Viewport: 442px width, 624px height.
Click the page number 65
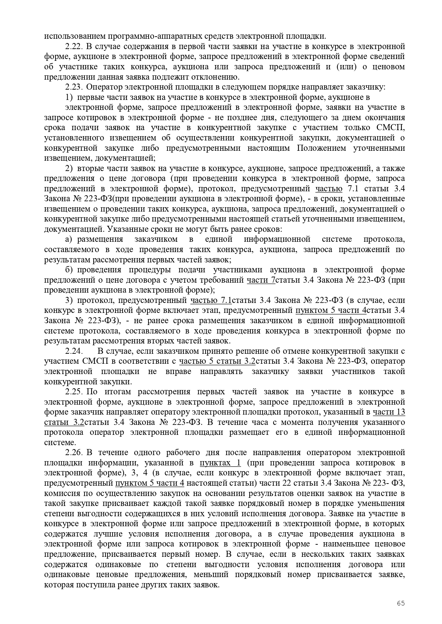(401, 603)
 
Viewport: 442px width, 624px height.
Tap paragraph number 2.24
(74, 351)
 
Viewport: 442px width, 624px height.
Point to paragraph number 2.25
(74, 392)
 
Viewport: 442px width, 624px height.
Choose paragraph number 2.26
(74, 453)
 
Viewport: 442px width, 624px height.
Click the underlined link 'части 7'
(261, 280)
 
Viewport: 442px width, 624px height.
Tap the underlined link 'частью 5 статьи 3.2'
(217, 362)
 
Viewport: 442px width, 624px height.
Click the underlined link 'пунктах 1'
(220, 463)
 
